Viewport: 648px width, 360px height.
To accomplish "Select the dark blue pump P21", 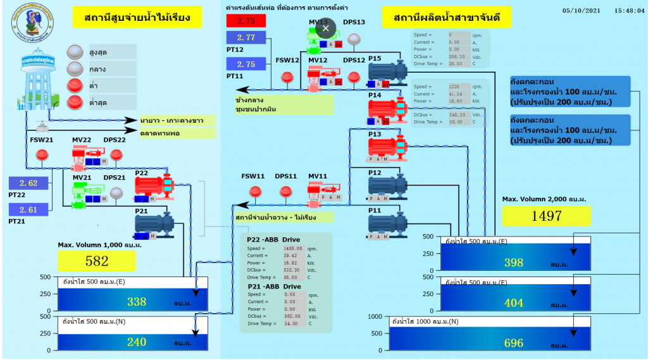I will (x=154, y=223).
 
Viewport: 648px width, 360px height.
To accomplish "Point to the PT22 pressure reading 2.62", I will (x=28, y=183).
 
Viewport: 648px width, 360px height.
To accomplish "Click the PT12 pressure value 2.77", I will (x=246, y=38).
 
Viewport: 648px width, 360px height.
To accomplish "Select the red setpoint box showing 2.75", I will (x=246, y=21).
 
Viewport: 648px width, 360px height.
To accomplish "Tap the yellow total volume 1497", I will (x=546, y=216).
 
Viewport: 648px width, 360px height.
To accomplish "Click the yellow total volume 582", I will (x=97, y=261).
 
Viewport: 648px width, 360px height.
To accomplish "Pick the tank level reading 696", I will (x=513, y=343).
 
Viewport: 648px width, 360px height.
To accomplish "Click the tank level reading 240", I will (x=137, y=342).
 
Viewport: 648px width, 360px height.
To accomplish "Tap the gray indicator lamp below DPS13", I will (x=354, y=39).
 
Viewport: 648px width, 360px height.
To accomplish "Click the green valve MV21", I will (x=81, y=195).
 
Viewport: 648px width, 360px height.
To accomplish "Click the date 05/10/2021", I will (x=579, y=10).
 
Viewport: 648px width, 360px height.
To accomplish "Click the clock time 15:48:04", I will (x=629, y=10).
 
